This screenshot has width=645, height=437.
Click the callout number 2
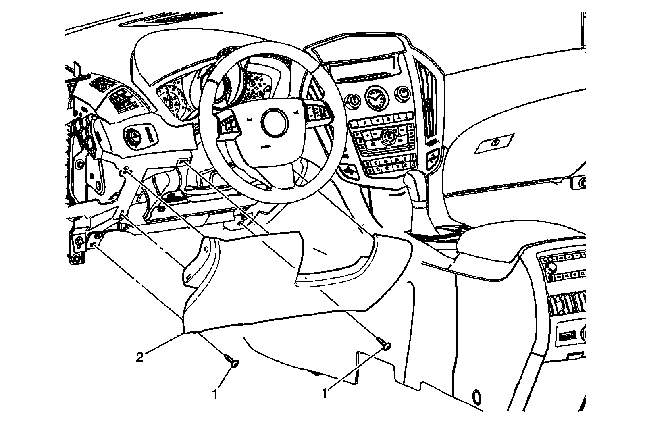click(x=139, y=358)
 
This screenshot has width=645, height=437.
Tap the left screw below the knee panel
click(x=231, y=360)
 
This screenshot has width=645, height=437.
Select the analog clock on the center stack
click(x=375, y=99)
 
